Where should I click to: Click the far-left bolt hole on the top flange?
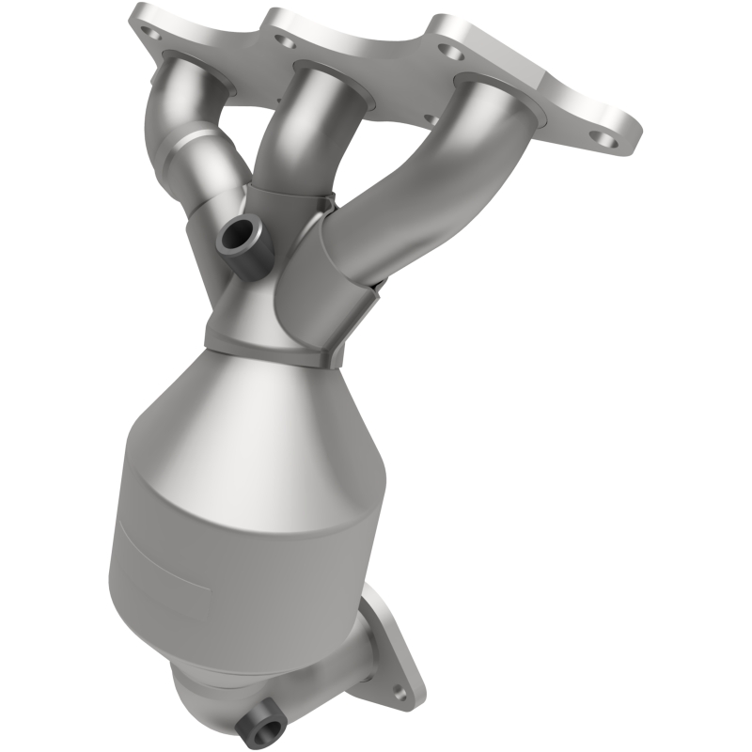(x=148, y=31)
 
